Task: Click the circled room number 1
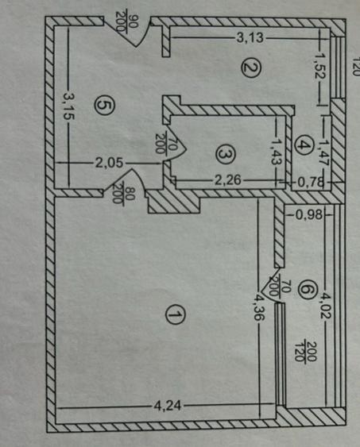tap(175, 314)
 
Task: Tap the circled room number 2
tap(251, 69)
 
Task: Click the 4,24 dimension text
tap(168, 406)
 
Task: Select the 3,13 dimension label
tap(250, 37)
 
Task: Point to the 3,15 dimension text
tap(68, 105)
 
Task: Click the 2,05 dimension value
tap(109, 164)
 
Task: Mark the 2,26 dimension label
tap(227, 180)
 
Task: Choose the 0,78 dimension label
tap(311, 182)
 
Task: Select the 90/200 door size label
tap(127, 23)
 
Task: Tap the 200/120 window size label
tap(305, 351)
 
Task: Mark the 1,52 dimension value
tap(322, 66)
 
